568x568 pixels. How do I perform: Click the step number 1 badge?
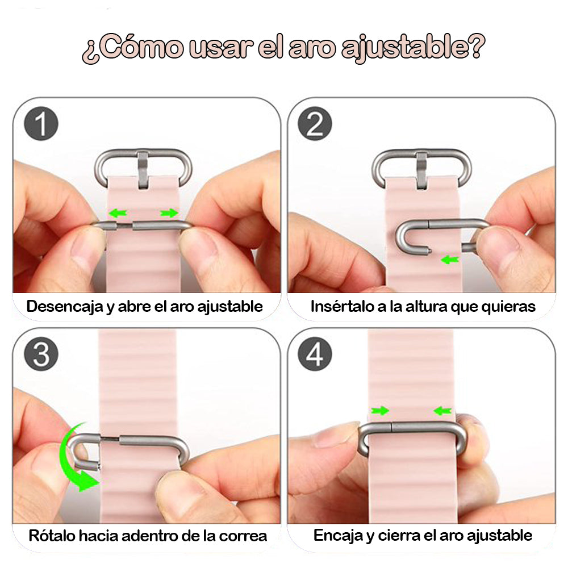[x=41, y=124]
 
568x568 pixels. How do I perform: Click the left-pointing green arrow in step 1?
[x=118, y=214]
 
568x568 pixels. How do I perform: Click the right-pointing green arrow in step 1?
[x=169, y=214]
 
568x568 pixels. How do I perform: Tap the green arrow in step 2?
[x=450, y=260]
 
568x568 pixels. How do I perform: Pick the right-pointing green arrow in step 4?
[x=379, y=410]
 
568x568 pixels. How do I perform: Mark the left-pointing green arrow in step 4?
[x=442, y=410]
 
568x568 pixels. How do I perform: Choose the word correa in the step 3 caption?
[x=243, y=536]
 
